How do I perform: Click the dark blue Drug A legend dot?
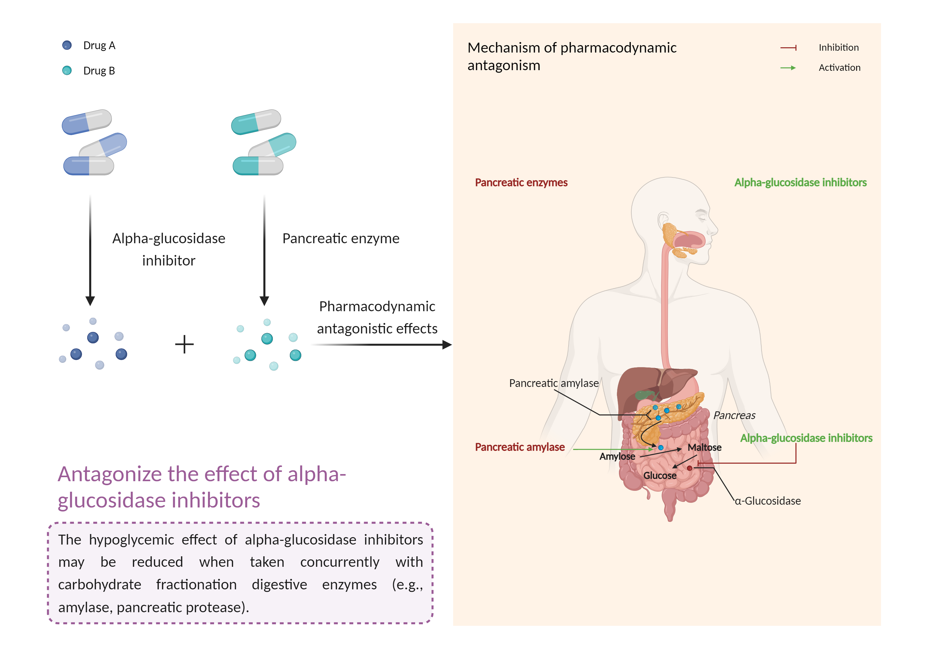[x=67, y=45]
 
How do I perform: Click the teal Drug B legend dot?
[x=67, y=71]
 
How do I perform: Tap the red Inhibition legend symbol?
[x=788, y=48]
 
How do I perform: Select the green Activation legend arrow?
[x=788, y=68]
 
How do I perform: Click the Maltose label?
[x=704, y=448]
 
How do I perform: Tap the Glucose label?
[x=659, y=475]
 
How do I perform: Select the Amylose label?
[x=617, y=456]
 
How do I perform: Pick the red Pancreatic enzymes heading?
[x=521, y=183]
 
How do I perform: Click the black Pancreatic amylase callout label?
[x=554, y=383]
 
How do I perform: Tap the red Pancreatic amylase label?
[x=520, y=447]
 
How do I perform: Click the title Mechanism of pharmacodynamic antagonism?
[x=572, y=56]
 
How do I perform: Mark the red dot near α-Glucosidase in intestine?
[x=690, y=468]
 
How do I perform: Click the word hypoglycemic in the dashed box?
[x=131, y=540]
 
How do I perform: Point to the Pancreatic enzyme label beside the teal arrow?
[x=341, y=239]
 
